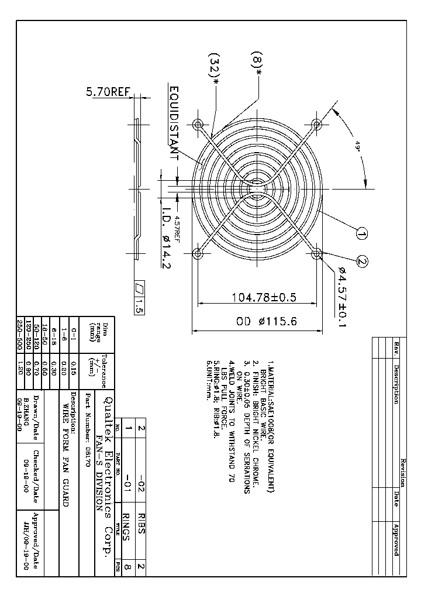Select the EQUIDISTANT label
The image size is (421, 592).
point(174,123)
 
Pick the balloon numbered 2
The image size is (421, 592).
point(362,262)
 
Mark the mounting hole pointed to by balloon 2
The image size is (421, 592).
point(317,254)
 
